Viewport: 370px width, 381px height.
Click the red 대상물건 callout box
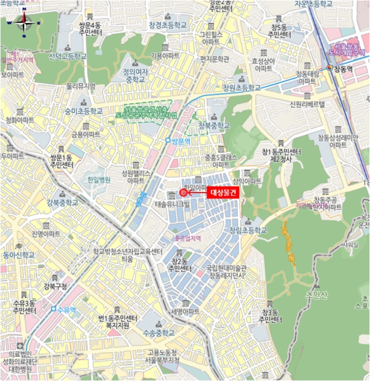pyautogui.click(x=223, y=193)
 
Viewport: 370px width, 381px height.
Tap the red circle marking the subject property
pyautogui.click(x=183, y=193)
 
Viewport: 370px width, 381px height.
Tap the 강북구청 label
pyautogui.click(x=55, y=286)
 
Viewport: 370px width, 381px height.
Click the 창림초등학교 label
pyautogui.click(x=248, y=230)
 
